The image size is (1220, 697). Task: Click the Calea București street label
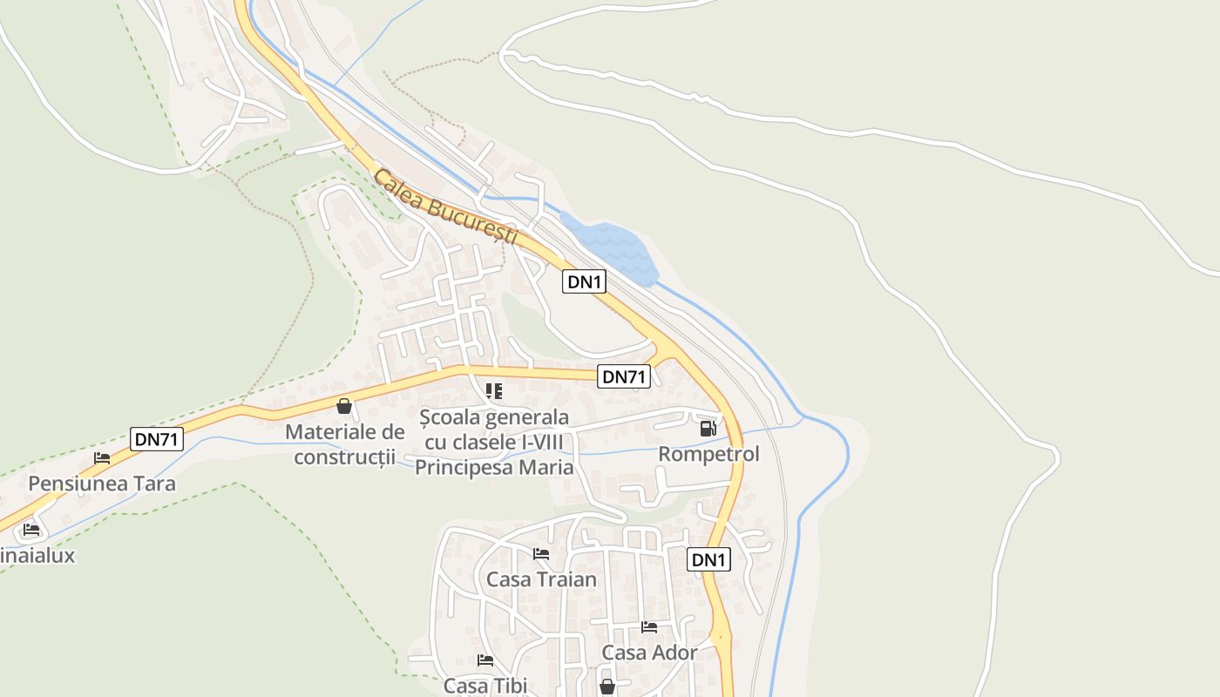[445, 208]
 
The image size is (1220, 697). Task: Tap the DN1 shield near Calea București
[584, 281]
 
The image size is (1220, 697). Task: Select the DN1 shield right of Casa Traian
[708, 559]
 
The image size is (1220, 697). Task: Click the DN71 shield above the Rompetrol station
[624, 376]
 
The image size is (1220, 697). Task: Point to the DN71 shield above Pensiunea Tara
[157, 439]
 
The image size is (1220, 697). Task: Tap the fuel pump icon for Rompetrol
[708, 429]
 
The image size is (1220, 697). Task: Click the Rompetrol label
[708, 454]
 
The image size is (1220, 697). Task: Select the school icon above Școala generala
[494, 391]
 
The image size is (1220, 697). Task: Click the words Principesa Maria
[494, 468]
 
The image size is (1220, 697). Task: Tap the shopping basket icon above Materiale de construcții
[344, 406]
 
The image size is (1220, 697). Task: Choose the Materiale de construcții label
[345, 443]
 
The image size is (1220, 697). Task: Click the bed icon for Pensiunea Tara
[102, 458]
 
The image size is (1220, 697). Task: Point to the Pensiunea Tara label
[102, 484]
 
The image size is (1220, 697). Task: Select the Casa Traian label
[541, 579]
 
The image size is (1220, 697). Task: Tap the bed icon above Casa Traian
[541, 553]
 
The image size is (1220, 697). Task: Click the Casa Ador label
[649, 653]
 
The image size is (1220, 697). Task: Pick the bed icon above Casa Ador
[649, 626]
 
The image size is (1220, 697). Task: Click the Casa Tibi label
[485, 686]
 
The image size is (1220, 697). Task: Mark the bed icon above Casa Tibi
[485, 660]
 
